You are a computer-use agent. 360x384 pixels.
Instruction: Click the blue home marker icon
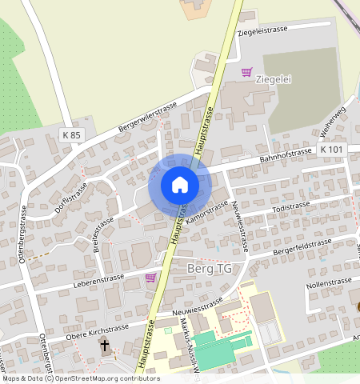point(180,185)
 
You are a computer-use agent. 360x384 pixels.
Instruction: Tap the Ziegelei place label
point(272,80)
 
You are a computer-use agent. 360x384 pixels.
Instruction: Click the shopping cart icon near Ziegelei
point(247,72)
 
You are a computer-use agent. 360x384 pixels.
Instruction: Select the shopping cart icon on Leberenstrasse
point(150,278)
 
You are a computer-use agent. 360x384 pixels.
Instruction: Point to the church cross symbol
point(105,346)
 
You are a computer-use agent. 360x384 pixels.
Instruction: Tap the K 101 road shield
point(331,150)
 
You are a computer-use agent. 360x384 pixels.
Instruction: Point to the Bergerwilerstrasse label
point(147,117)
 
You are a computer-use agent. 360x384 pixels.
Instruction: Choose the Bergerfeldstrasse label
point(302,249)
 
